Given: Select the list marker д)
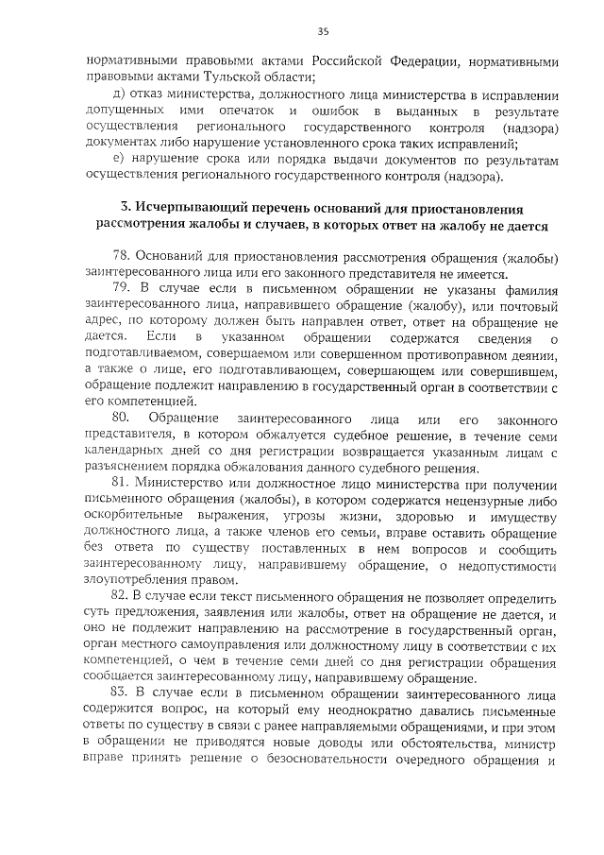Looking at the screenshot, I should [120, 96].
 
